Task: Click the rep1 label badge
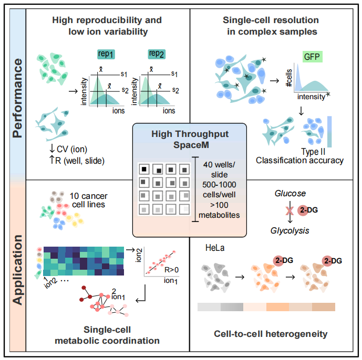pyautogui.click(x=106, y=55)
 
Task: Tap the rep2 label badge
pyautogui.click(x=157, y=54)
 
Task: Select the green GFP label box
pyautogui.click(x=312, y=57)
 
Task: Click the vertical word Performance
pyautogui.click(x=17, y=98)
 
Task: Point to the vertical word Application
pyautogui.click(x=17, y=270)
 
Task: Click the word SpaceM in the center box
pyautogui.click(x=191, y=145)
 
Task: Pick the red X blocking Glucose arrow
pyautogui.click(x=289, y=210)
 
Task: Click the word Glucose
pyautogui.click(x=290, y=193)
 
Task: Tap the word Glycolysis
pyautogui.click(x=289, y=230)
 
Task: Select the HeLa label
pyautogui.click(x=215, y=248)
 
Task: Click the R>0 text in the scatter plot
pyautogui.click(x=171, y=270)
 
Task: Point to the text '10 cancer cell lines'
pyautogui.click(x=89, y=200)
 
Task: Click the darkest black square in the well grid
pyautogui.click(x=144, y=169)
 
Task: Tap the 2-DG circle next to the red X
pyautogui.click(x=303, y=210)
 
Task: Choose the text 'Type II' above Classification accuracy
pyautogui.click(x=313, y=152)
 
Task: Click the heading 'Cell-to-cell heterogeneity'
pyautogui.click(x=271, y=334)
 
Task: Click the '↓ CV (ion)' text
pyautogui.click(x=68, y=149)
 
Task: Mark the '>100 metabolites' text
pyautogui.click(x=219, y=210)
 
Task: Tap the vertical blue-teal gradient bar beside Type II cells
pyautogui.click(x=329, y=131)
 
